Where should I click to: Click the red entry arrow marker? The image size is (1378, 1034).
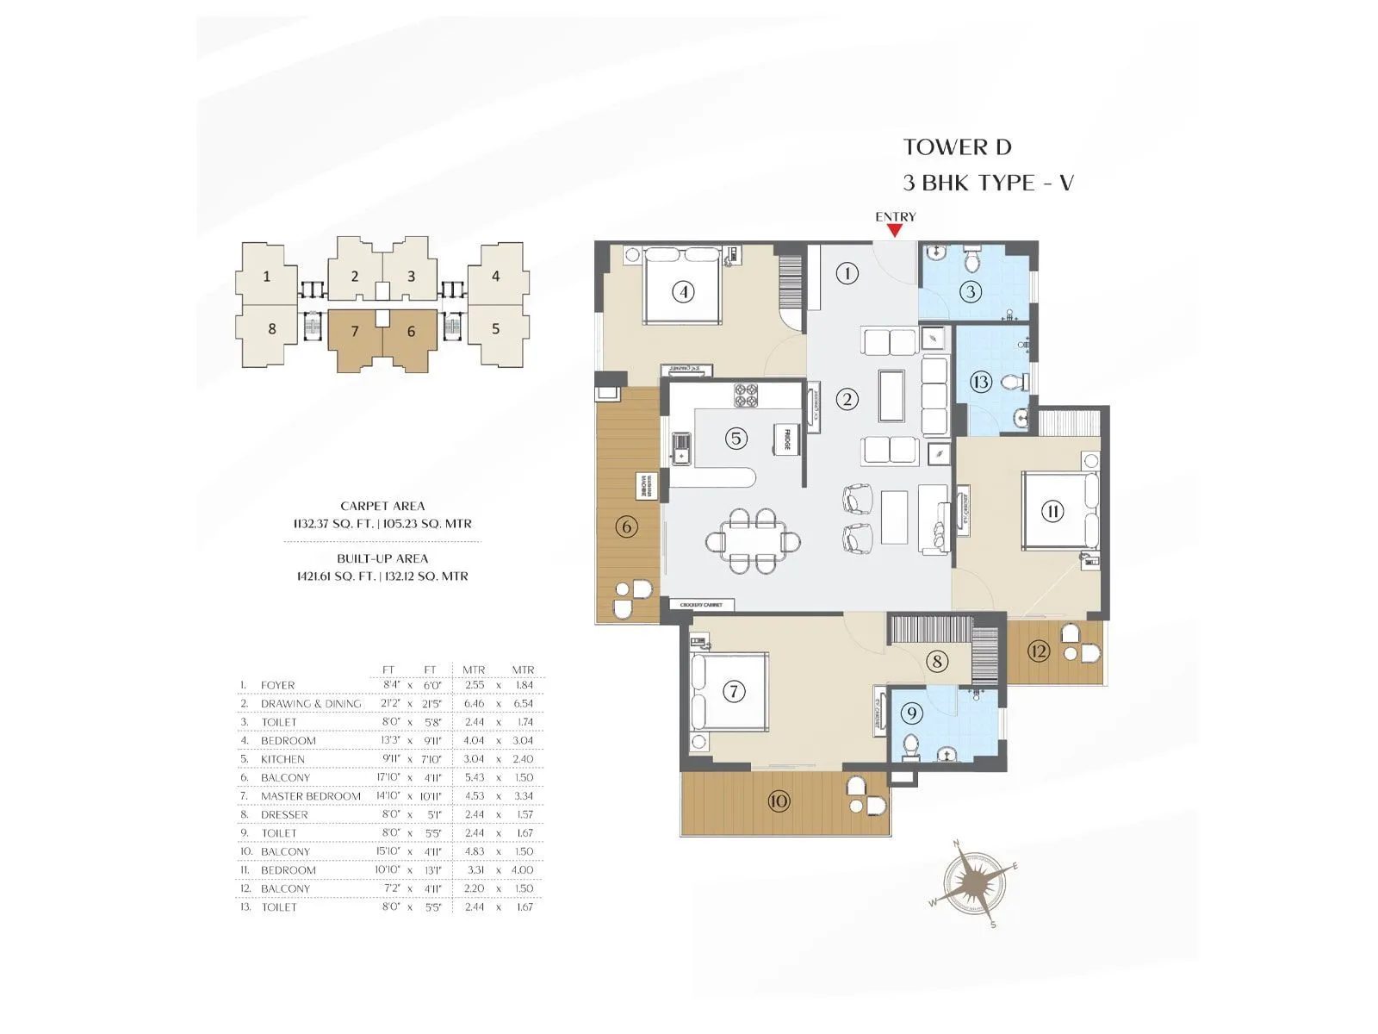[895, 230]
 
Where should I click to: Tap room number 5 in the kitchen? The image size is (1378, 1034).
[736, 438]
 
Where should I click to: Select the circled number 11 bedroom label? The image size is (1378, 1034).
[1052, 510]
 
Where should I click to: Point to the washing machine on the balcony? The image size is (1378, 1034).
[645, 486]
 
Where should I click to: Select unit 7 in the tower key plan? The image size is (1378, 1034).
[355, 332]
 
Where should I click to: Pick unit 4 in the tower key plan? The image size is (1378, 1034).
[495, 276]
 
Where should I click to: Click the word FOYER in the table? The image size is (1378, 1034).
[277, 685]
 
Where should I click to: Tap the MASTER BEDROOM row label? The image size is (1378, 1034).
[310, 796]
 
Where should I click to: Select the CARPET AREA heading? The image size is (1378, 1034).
[382, 506]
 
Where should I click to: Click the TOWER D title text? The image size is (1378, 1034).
[957, 147]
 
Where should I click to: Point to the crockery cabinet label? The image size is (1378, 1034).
[705, 605]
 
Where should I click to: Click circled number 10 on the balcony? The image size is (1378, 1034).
[778, 801]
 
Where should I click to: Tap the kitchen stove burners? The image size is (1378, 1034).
[745, 396]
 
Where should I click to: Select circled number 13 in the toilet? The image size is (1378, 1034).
[980, 381]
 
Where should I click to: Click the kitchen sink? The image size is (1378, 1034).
[681, 448]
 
